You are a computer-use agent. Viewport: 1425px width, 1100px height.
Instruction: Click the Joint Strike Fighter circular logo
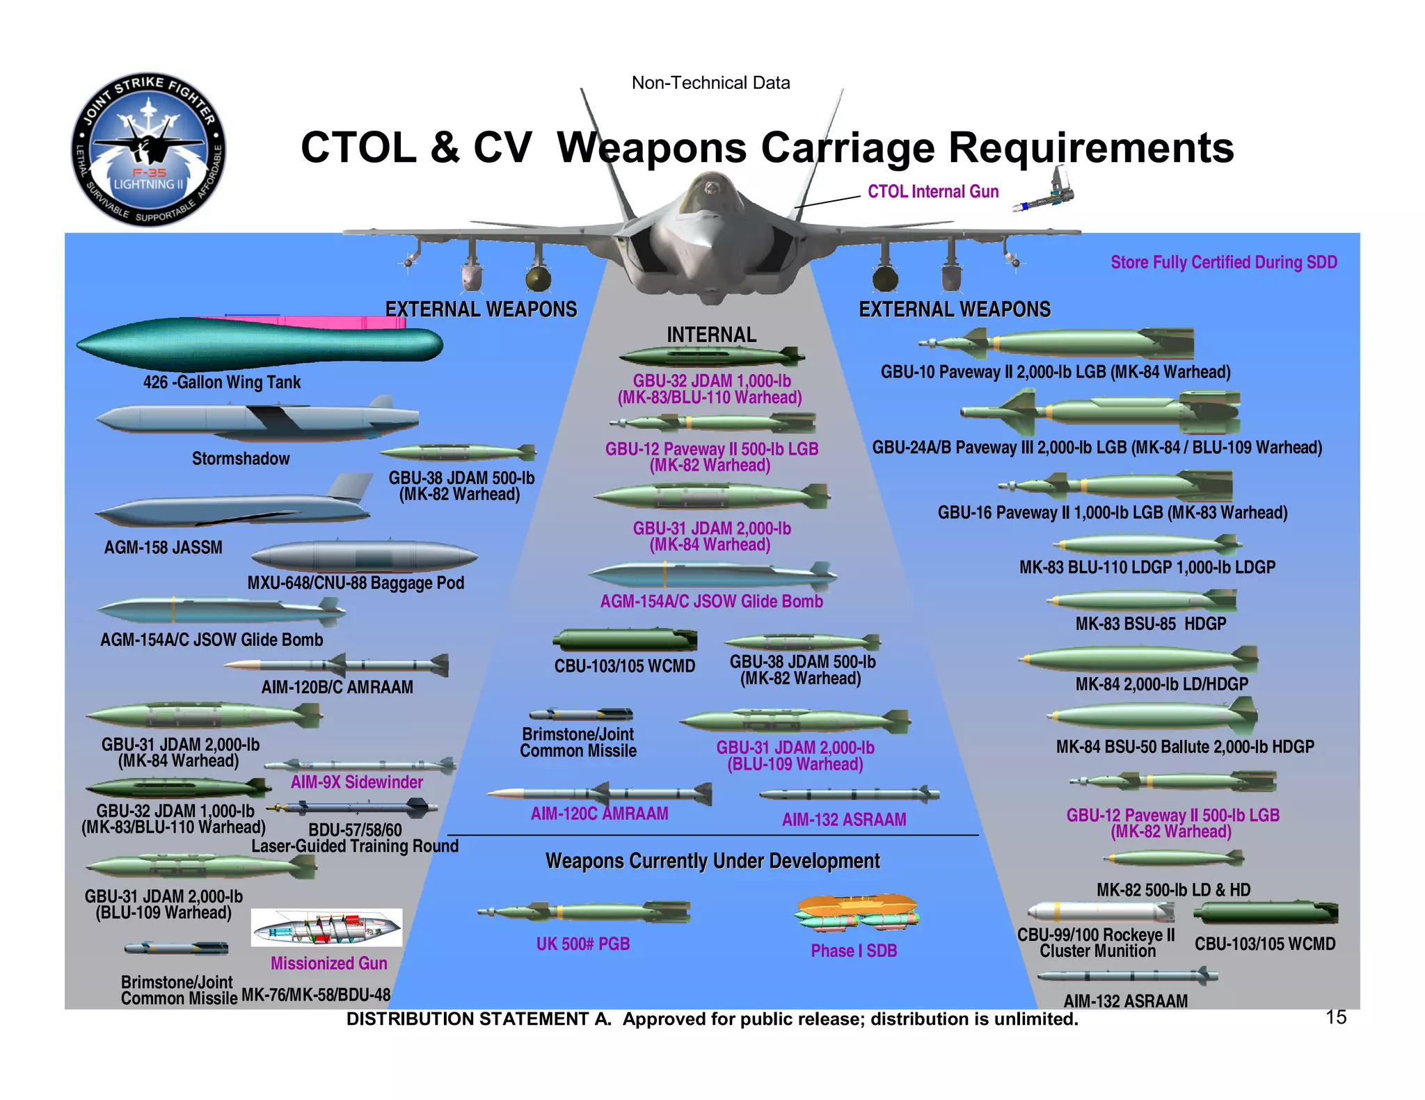148,149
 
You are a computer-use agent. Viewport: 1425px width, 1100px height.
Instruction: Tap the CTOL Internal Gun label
932,192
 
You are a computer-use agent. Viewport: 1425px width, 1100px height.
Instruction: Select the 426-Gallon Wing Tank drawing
259,343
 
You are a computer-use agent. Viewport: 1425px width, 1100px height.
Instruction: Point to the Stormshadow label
241,459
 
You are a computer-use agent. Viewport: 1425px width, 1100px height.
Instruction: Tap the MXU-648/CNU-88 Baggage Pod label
356,583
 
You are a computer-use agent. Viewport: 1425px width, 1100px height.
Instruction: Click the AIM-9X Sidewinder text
356,782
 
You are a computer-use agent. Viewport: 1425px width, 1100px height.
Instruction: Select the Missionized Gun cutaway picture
326,928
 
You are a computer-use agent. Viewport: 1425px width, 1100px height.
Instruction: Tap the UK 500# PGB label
583,944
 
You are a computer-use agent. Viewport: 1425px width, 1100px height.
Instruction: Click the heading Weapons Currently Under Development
712,861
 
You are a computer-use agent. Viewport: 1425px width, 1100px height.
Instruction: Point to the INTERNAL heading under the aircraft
711,335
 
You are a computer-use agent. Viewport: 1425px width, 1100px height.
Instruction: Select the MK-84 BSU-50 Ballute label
1185,747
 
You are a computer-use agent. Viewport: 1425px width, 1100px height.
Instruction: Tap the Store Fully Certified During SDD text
1223,263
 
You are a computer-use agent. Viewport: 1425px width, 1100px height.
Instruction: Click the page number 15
1335,1017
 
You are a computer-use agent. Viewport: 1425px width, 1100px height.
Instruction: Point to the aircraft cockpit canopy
710,191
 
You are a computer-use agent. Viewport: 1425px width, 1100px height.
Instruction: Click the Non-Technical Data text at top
710,83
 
